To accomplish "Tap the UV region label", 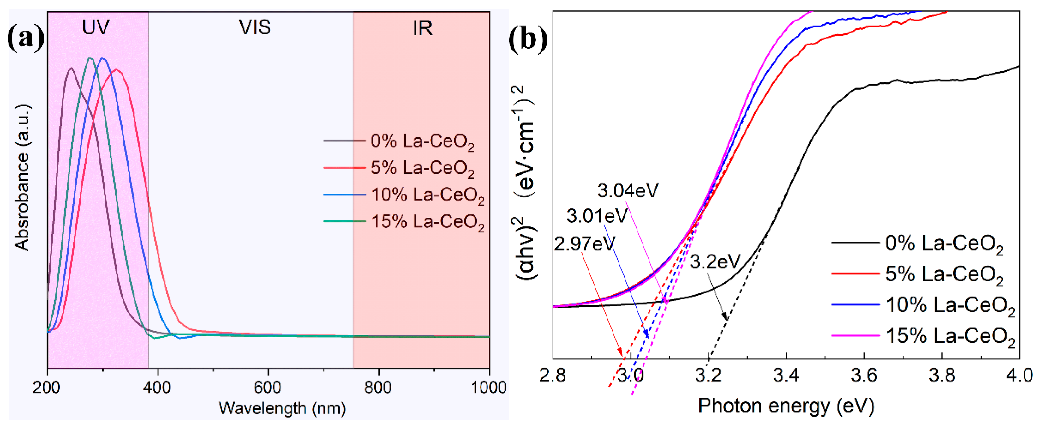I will coord(96,27).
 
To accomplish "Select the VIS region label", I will coord(255,27).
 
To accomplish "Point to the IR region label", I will coord(422,28).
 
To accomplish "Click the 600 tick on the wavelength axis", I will coord(267,387).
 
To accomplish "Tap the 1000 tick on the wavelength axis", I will coord(488,387).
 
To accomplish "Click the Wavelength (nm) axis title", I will coord(282,408).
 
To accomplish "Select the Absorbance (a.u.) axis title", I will coord(22,178).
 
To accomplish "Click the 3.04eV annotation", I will coord(628,191).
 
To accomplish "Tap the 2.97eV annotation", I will coord(584,244).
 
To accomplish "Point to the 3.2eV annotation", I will coord(715,262).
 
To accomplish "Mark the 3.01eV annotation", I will coord(597,216).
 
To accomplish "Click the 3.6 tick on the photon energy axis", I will coord(864,375).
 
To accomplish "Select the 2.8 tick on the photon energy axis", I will coord(553,375).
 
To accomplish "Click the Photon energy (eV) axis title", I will coord(786,405).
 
